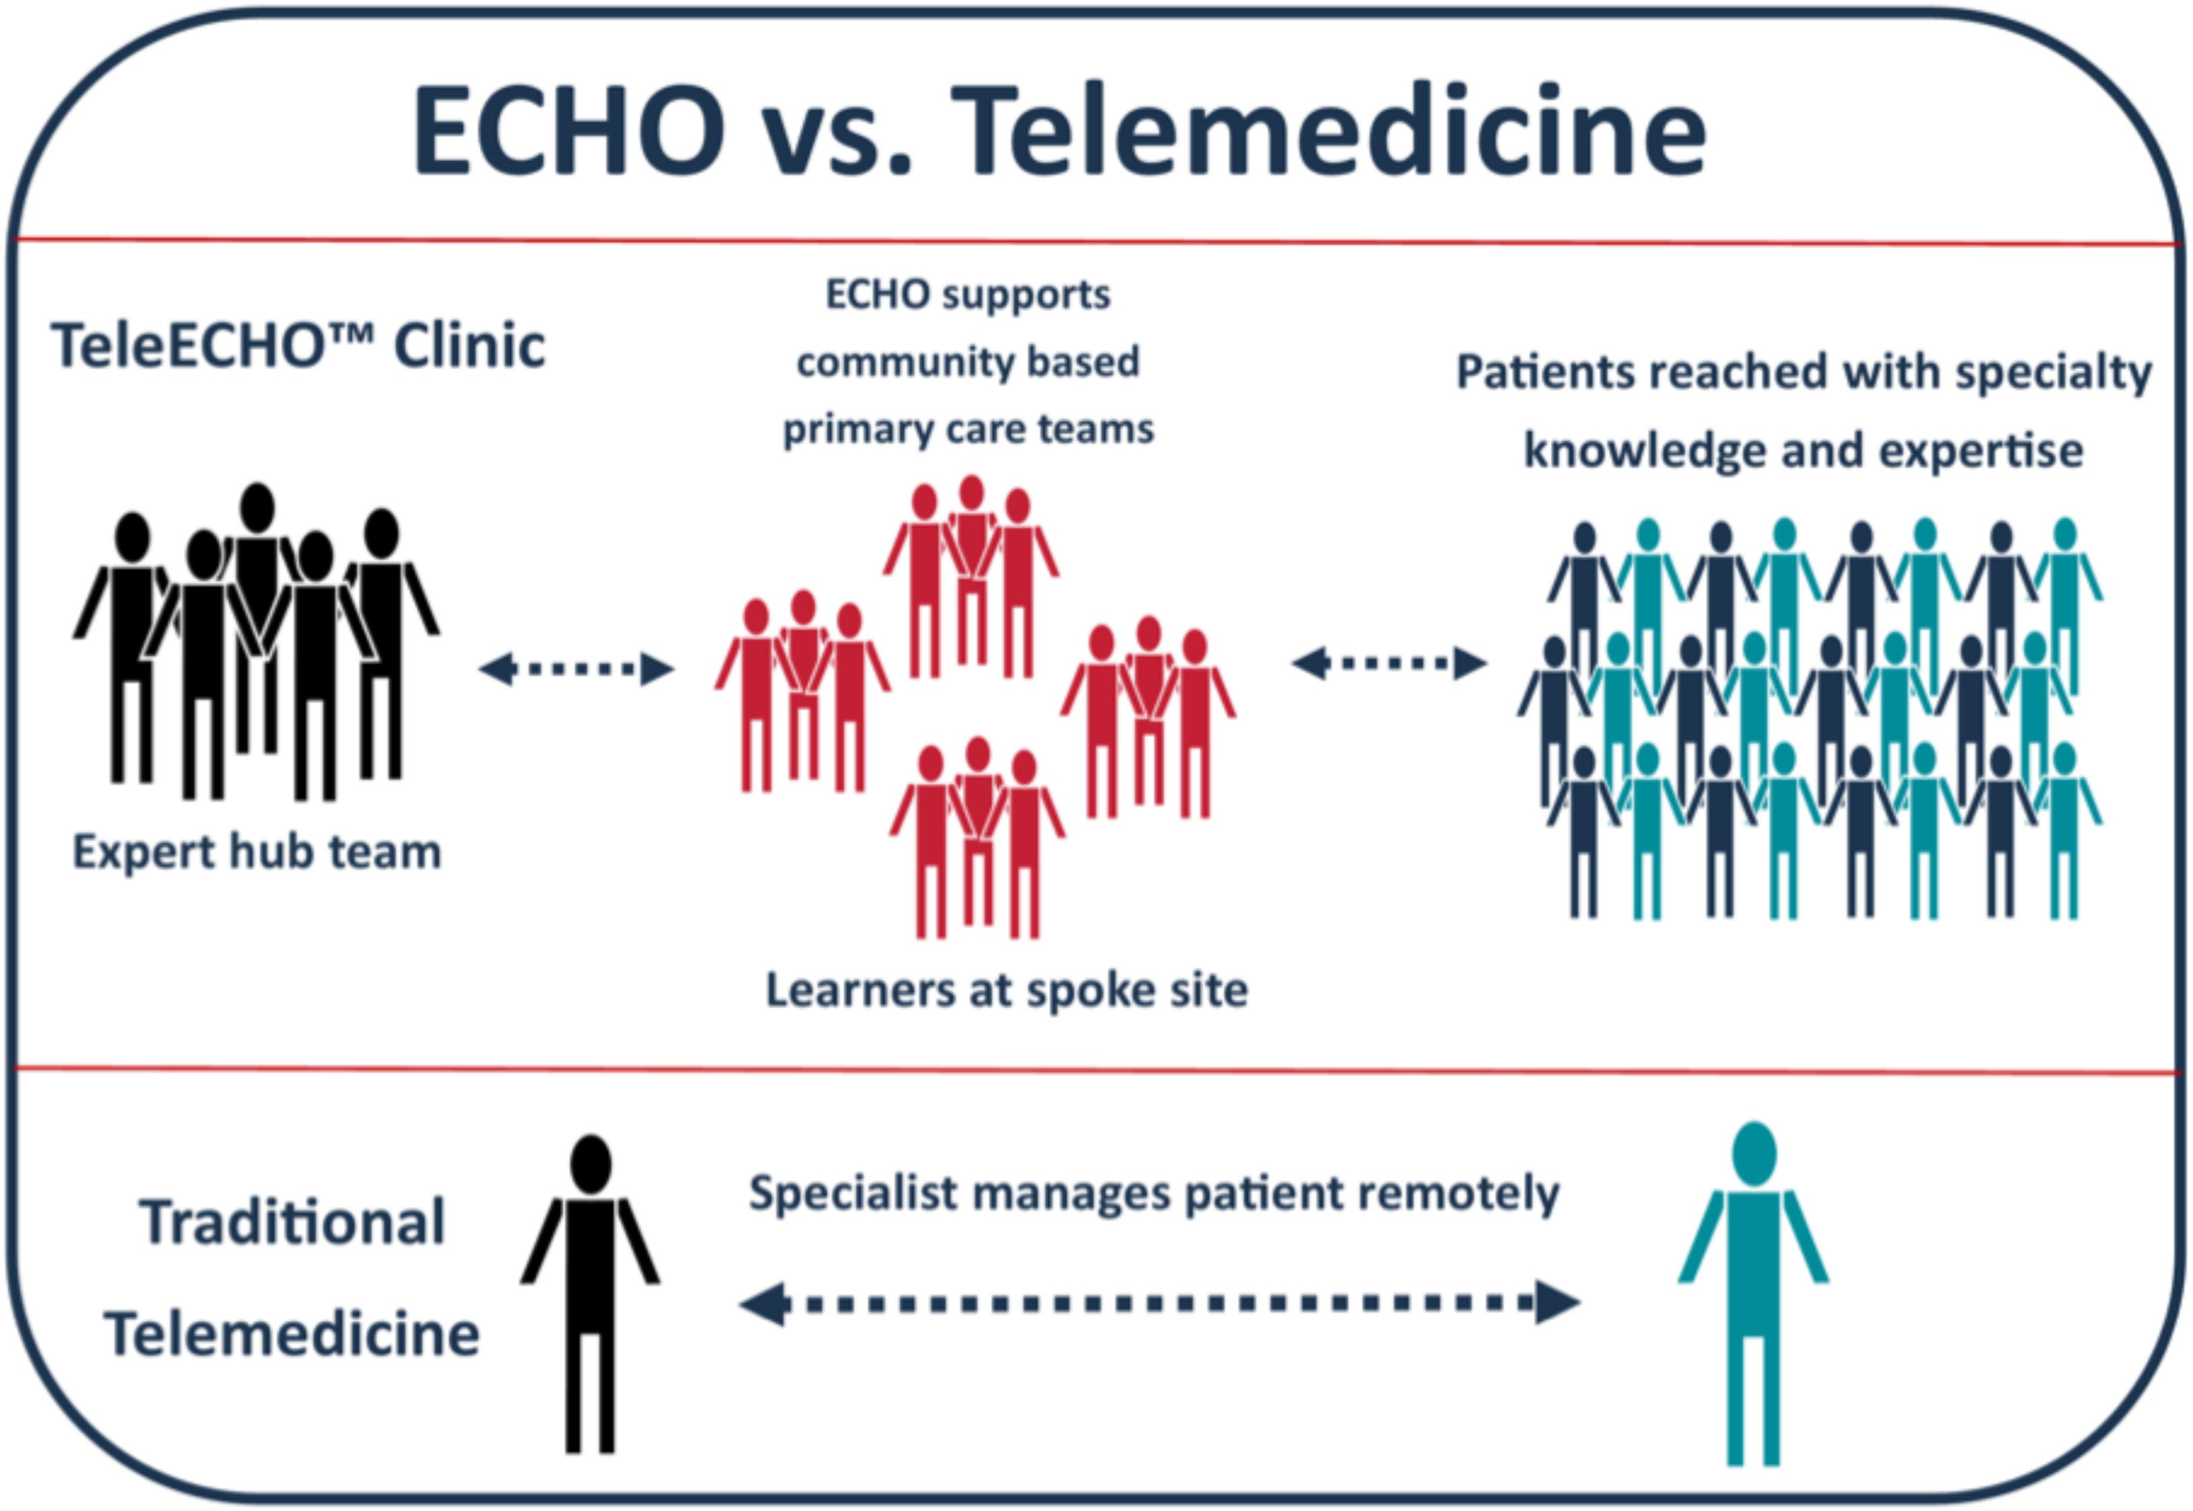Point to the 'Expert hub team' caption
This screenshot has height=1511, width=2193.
click(257, 852)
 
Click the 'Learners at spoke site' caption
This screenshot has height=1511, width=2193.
click(1006, 990)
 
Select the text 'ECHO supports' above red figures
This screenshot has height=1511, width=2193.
click(968, 294)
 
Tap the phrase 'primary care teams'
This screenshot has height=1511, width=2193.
click(968, 430)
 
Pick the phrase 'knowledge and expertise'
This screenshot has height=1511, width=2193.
click(1803, 450)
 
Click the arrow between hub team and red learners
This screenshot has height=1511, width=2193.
click(576, 669)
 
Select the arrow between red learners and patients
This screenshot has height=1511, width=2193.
click(1388, 663)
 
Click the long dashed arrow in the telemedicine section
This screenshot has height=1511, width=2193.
click(1159, 1303)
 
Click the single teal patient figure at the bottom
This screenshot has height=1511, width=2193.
click(1753, 1297)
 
